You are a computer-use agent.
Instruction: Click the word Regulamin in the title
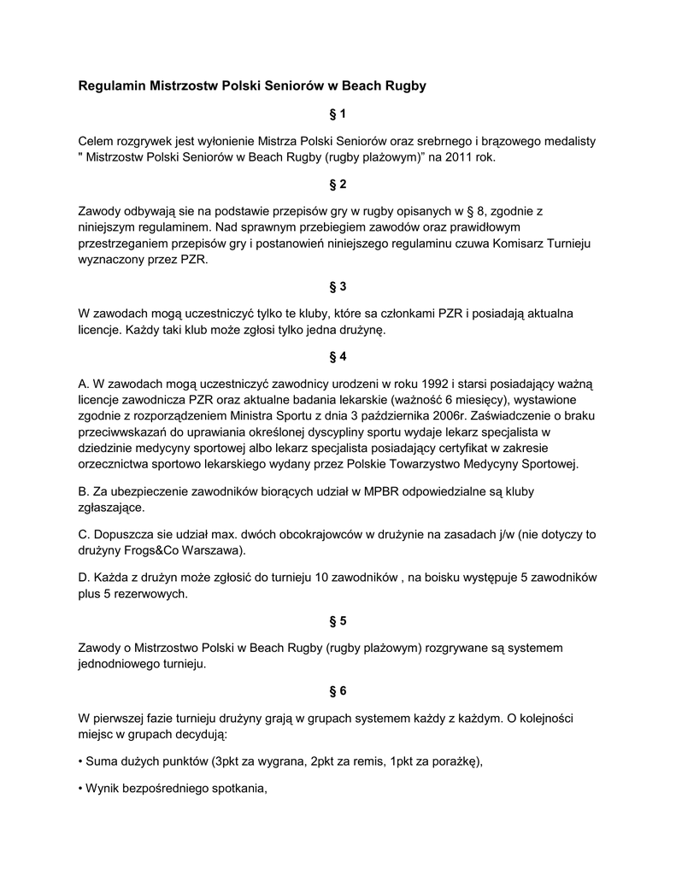click(x=112, y=86)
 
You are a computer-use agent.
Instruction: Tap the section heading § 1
click(x=338, y=114)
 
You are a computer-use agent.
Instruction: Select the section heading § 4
click(x=338, y=356)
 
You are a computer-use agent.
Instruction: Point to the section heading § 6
click(x=338, y=690)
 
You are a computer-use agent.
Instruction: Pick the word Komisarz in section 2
click(x=485, y=244)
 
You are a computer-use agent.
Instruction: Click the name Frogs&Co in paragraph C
click(x=151, y=549)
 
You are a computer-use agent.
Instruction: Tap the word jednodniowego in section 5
click(x=118, y=663)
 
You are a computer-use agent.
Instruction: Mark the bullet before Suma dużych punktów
click(x=80, y=762)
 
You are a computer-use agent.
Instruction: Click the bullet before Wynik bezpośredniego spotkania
click(x=80, y=790)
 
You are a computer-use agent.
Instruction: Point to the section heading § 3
click(x=338, y=286)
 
